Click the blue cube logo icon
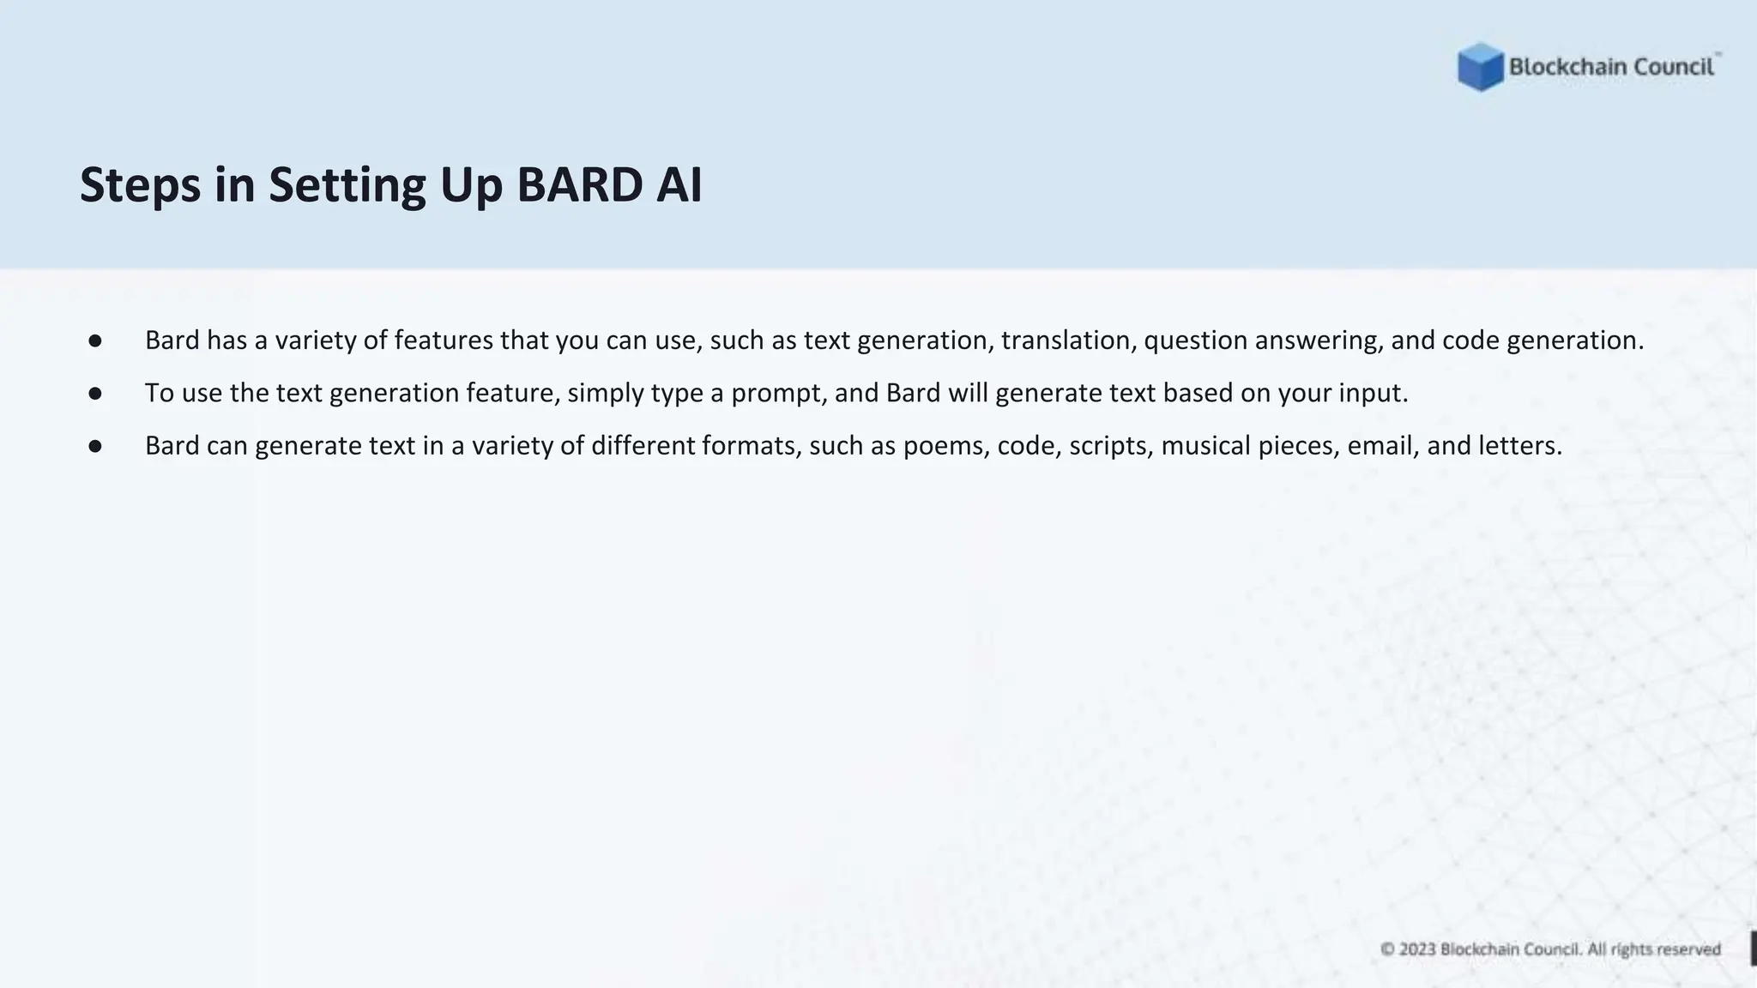pos(1480,67)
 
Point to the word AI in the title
pos(679,185)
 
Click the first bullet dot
pos(95,341)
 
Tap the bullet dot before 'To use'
pos(95,394)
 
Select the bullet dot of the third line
pos(95,447)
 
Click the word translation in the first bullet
pos(1068,340)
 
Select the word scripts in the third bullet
pos(1107,446)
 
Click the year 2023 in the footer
pos(1417,949)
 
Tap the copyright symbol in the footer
pos(1387,949)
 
